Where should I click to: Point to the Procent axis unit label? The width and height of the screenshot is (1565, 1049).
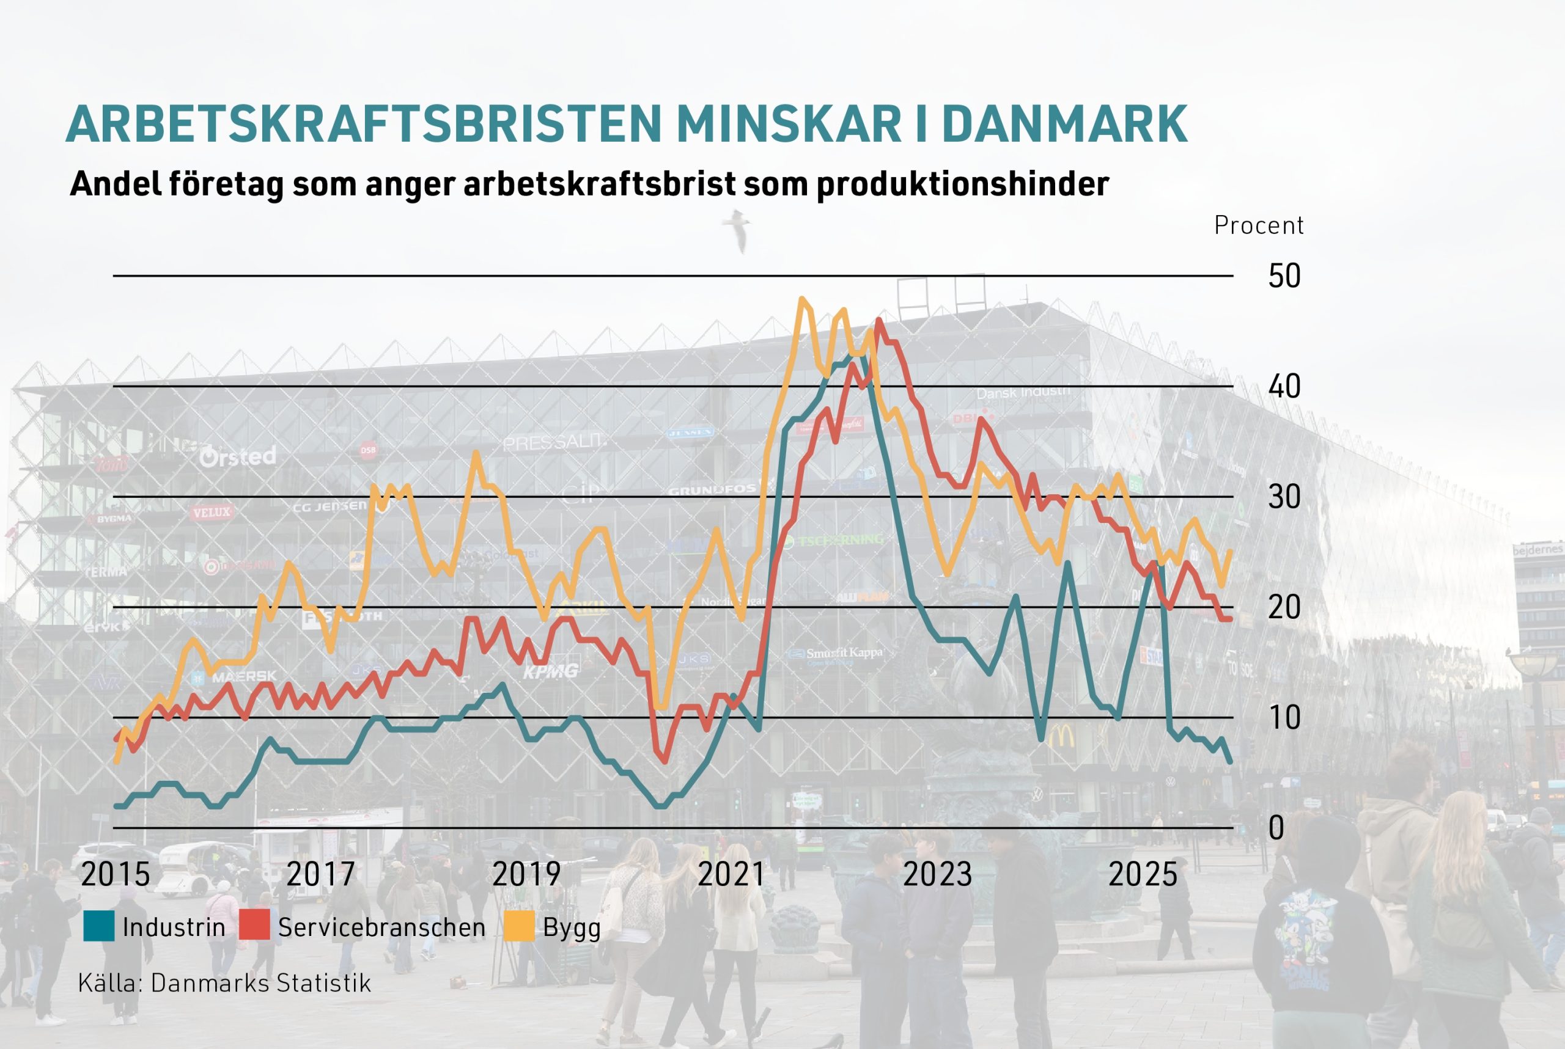(1259, 225)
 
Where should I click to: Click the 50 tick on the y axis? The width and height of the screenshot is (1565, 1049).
(1284, 276)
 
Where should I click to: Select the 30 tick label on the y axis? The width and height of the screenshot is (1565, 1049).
(1284, 497)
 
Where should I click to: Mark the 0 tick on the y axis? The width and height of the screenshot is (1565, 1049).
(1276, 828)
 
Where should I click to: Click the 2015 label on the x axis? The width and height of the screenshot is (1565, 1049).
(115, 874)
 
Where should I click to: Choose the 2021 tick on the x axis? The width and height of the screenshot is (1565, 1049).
(731, 874)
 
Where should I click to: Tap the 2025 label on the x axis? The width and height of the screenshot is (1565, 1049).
(1143, 874)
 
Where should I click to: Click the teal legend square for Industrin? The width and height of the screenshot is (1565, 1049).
(98, 927)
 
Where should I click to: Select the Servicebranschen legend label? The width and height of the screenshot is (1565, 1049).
(381, 927)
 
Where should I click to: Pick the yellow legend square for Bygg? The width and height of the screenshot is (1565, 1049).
(519, 927)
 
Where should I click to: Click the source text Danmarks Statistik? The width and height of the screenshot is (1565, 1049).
(260, 983)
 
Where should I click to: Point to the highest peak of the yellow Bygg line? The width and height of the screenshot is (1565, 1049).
(802, 298)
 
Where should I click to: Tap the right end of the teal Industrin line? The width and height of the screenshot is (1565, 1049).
(1229, 761)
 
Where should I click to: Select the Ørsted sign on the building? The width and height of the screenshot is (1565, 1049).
(238, 456)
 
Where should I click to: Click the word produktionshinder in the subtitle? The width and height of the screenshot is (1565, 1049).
(963, 183)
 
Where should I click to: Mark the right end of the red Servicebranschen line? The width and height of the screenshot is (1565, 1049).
(1229, 619)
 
